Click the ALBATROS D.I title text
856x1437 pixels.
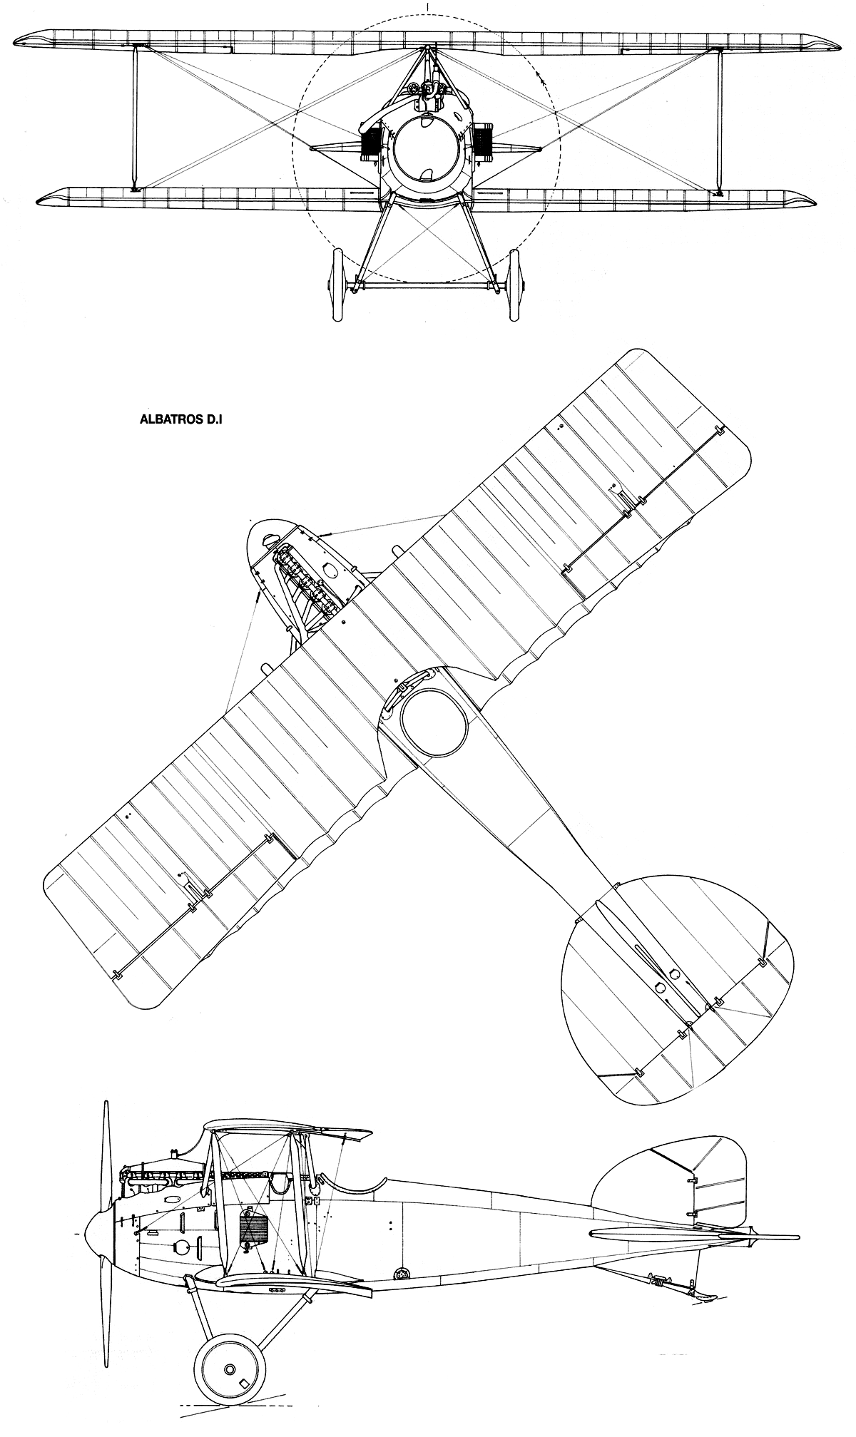click(x=182, y=420)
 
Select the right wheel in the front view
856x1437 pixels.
click(x=516, y=285)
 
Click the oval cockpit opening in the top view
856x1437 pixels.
click(x=433, y=723)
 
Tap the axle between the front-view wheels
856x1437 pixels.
click(x=426, y=286)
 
